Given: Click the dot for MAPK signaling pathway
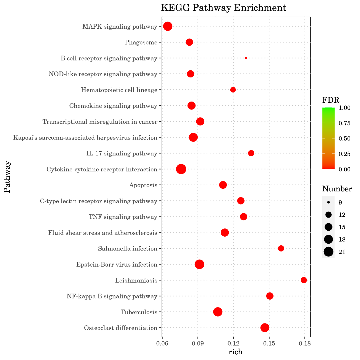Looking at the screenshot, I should (168, 26).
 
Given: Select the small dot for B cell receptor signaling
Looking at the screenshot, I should (246, 58).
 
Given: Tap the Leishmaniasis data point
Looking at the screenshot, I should (304, 280).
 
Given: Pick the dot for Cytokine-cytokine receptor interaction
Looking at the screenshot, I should (181, 169).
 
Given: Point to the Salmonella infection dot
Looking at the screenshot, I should (281, 248).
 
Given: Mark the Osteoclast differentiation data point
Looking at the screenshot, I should (265, 328).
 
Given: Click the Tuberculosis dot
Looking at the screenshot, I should (218, 312).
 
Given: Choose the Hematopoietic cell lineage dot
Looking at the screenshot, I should (233, 90).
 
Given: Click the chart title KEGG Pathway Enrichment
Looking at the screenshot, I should (224, 8).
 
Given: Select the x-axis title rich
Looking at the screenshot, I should (235, 352).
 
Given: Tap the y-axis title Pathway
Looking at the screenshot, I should (7, 177).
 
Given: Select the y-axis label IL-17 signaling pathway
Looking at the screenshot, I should (122, 153).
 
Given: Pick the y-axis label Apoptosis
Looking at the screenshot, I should (143, 185).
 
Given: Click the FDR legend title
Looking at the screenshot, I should (331, 100).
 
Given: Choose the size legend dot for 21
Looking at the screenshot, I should (329, 252).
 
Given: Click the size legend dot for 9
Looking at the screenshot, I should (329, 202).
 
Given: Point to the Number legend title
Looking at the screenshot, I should (337, 189).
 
